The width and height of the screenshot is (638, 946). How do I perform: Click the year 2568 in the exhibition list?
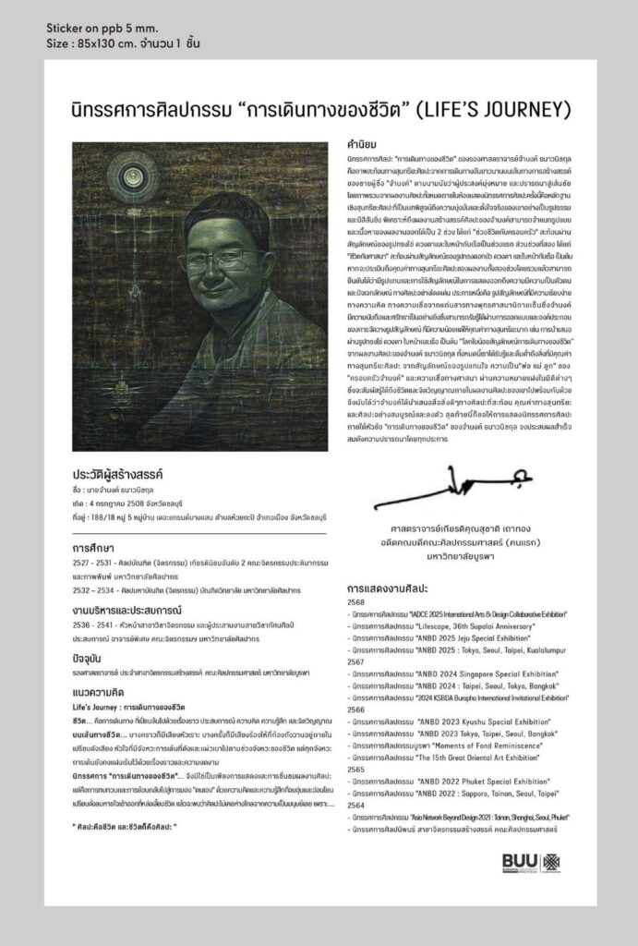coord(355,600)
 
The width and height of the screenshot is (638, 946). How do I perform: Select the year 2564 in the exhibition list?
coord(355,805)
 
